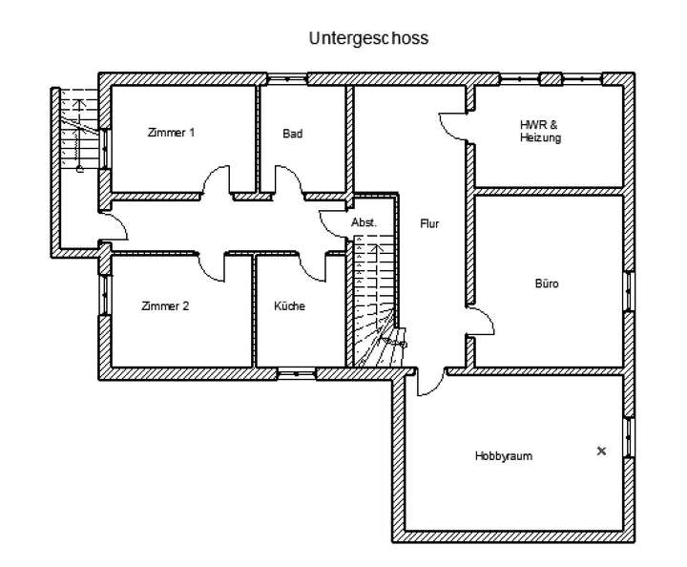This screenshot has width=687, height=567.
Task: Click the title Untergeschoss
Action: point(368,39)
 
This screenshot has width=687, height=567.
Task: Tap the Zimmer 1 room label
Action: point(172,133)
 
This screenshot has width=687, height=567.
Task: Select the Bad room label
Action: point(292,134)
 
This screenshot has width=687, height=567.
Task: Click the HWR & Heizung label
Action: point(540,132)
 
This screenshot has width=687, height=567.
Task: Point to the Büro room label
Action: point(546,283)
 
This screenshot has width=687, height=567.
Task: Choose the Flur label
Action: point(429,223)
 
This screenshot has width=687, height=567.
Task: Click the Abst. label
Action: point(364,221)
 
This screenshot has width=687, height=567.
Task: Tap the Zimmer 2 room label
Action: point(165,306)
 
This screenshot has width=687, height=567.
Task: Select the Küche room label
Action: point(289,306)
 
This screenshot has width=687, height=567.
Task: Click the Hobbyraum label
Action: point(503,456)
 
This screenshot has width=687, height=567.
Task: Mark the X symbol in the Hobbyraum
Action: point(601,451)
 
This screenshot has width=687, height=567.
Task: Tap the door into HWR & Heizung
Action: point(453,127)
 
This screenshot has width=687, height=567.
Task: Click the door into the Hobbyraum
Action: point(428,382)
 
